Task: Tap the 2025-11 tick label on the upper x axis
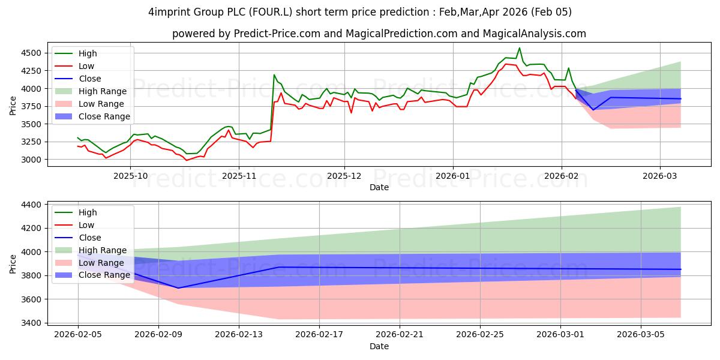pyautogui.click(x=238, y=176)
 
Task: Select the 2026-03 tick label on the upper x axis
pyautogui.click(x=660, y=176)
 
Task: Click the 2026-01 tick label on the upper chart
pyautogui.click(x=452, y=176)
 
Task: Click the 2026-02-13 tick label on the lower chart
pyautogui.click(x=239, y=335)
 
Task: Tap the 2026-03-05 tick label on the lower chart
pyautogui.click(x=641, y=335)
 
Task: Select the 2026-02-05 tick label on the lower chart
pyautogui.click(x=78, y=335)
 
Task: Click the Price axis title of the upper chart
pyautogui.click(x=13, y=106)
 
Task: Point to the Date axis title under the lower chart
pyautogui.click(x=379, y=346)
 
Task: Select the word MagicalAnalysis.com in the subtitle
pyautogui.click(x=540, y=34)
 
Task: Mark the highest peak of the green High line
pyautogui.click(x=520, y=48)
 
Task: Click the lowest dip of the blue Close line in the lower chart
pyautogui.click(x=178, y=288)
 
